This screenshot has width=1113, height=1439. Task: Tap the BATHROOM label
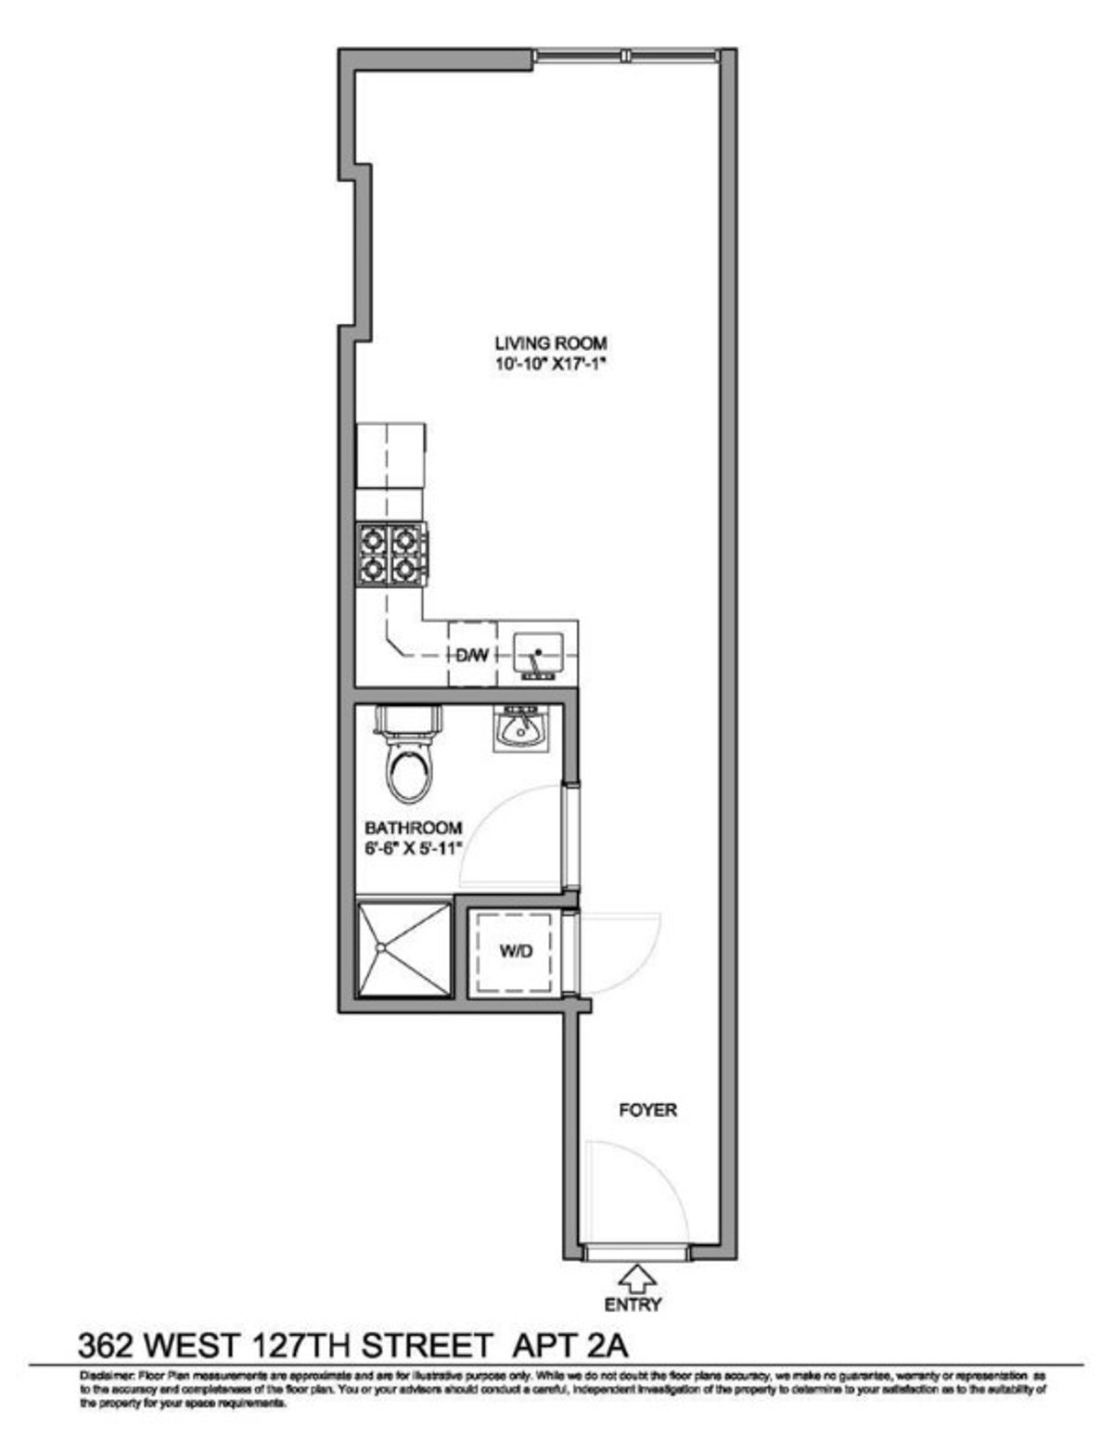(x=413, y=828)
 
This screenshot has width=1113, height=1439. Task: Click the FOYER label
(x=648, y=1110)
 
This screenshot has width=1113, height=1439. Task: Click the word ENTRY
(x=634, y=1304)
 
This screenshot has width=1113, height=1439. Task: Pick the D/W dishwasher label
(x=471, y=655)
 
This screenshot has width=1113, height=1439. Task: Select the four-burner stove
(x=391, y=554)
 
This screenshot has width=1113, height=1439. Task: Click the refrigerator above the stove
(x=391, y=455)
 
